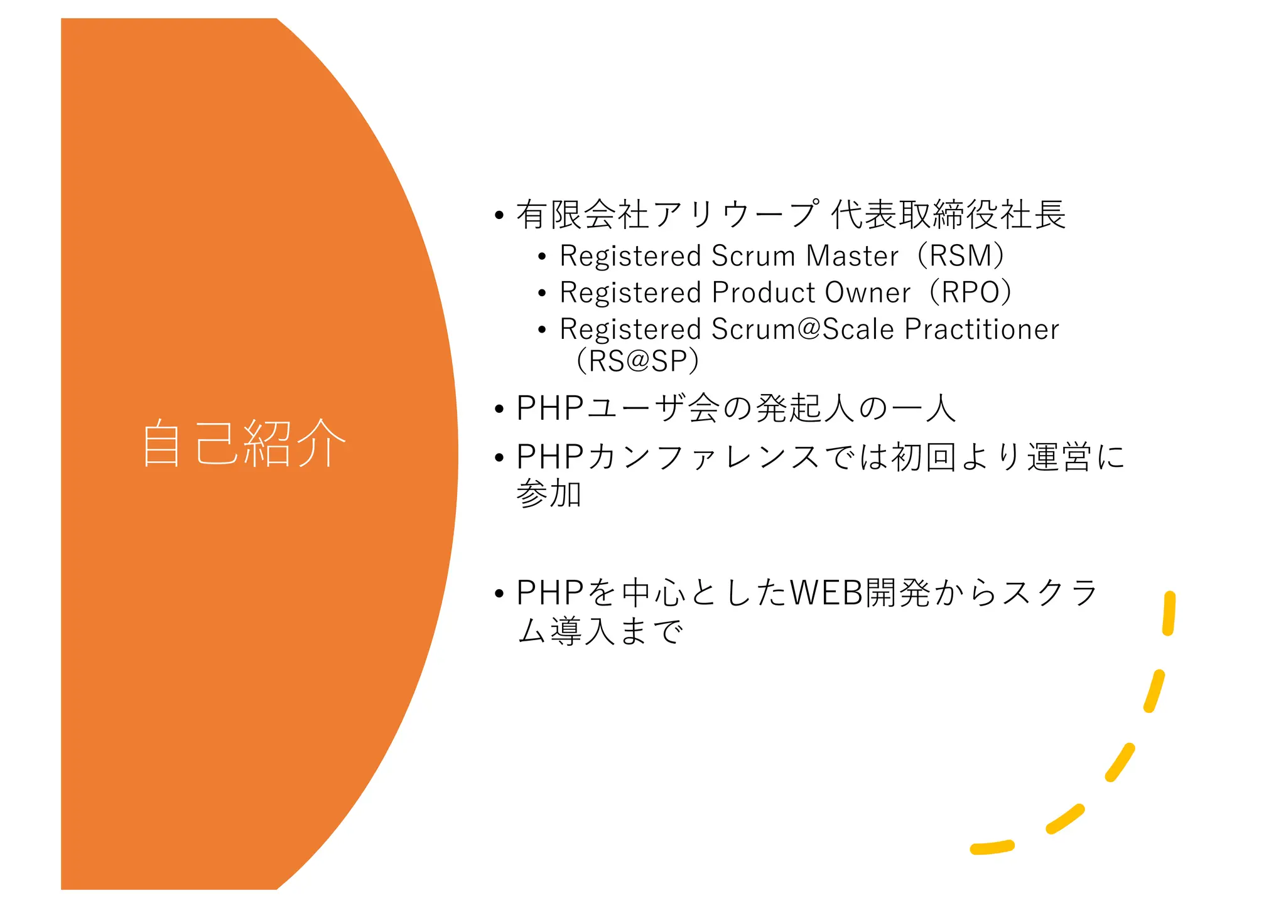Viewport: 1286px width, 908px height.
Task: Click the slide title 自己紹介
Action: pos(244,443)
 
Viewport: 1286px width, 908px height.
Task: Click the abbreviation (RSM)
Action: pos(961,256)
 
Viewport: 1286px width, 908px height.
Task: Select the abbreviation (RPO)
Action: pos(970,292)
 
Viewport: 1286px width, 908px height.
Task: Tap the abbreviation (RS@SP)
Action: pos(637,361)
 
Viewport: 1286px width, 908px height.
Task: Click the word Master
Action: pos(852,256)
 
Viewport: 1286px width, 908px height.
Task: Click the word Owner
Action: pos(867,292)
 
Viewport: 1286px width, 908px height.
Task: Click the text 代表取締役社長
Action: pos(948,215)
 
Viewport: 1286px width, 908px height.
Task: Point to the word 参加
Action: pos(549,494)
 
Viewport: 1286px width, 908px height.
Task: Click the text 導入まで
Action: pos(617,631)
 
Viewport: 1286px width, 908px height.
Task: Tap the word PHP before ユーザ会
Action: pos(550,408)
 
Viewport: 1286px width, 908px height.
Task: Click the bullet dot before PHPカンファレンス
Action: pos(499,457)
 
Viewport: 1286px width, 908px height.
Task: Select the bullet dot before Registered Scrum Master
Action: pos(542,257)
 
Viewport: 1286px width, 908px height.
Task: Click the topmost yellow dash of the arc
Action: pos(1169,613)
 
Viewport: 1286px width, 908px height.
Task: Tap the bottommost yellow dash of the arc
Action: pos(992,848)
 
